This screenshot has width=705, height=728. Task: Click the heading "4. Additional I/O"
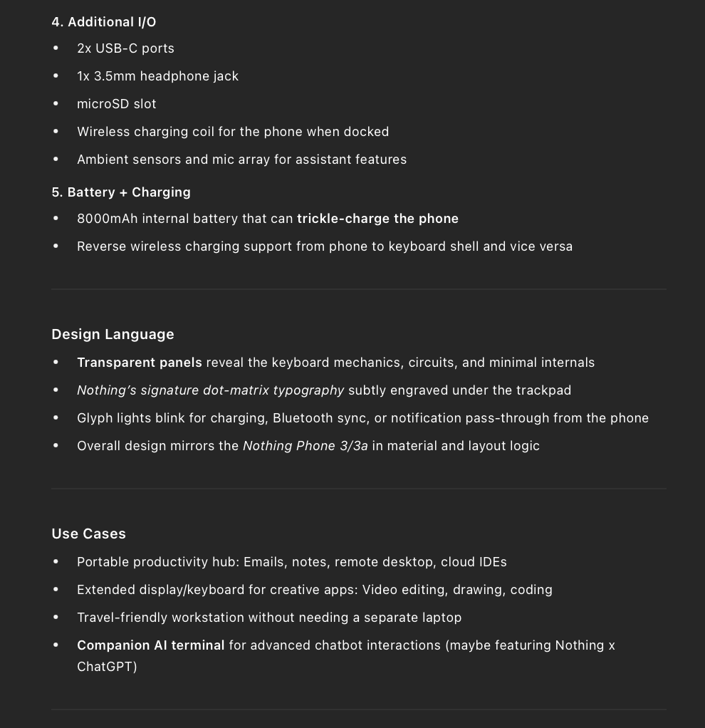click(104, 22)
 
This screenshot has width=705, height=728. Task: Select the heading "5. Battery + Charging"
click(121, 192)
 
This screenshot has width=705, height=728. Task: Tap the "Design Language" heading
click(113, 335)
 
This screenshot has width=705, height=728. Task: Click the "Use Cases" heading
click(88, 534)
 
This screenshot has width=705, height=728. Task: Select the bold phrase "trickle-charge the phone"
click(377, 219)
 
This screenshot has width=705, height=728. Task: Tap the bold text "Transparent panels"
click(140, 363)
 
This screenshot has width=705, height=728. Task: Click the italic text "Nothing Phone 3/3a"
click(305, 446)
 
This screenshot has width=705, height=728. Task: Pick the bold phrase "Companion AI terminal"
click(150, 645)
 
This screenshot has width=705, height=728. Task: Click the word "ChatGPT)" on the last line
click(107, 667)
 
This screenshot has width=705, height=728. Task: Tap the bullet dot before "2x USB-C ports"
click(56, 48)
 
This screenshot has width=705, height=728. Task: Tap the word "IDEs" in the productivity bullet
click(492, 562)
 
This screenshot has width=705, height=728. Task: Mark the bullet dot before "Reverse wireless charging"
click(56, 246)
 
